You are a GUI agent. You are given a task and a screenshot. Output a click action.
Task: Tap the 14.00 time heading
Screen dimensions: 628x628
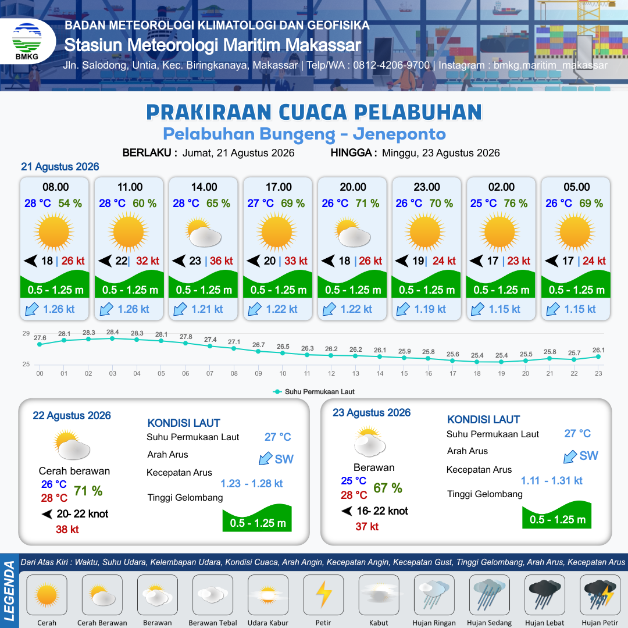pos(204,187)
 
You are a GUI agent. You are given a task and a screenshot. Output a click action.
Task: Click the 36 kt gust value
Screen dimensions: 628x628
pos(222,261)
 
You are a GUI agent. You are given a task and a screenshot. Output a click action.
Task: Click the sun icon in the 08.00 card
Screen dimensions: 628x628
pos(54,232)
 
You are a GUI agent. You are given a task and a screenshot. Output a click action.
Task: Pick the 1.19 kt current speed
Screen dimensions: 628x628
pos(430,309)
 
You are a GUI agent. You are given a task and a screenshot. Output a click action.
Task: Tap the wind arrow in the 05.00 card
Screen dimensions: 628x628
pos(551,261)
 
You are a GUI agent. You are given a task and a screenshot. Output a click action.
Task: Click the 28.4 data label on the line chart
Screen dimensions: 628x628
pos(113,332)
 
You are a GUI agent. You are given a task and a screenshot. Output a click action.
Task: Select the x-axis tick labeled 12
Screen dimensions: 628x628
pos(331,373)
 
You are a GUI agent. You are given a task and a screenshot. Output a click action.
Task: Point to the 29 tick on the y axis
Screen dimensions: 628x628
pos(26,333)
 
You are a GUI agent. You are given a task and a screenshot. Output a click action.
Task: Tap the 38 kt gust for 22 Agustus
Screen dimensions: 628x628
pos(67,530)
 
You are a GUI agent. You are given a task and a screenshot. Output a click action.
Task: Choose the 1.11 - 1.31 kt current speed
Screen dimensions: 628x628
pos(551,481)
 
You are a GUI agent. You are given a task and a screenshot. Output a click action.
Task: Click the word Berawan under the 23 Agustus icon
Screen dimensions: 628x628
pos(374,468)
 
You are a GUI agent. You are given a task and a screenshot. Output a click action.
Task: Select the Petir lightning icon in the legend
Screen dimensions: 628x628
pos(324,595)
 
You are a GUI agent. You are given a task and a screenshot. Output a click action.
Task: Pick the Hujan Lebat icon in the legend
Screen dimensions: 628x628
pos(544,595)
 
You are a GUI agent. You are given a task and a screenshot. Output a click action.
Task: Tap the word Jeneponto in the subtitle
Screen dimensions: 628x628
pos(399,134)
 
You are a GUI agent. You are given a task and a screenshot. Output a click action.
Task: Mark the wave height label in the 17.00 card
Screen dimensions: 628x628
pos(279,290)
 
